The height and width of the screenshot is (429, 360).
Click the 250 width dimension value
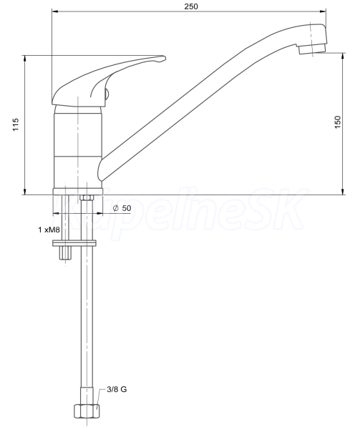191,6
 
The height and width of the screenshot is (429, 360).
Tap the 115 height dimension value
16,124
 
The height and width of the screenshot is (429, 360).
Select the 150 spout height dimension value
338,122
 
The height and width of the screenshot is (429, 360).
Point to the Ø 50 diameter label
122,208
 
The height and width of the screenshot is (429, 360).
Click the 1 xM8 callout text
49,230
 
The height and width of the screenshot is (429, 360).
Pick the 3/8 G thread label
117,389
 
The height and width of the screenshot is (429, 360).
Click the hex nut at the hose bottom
87,410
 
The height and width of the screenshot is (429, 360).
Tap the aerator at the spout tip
312,49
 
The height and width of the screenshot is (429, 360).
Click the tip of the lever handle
165,57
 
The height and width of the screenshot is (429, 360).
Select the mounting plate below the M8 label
74,243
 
